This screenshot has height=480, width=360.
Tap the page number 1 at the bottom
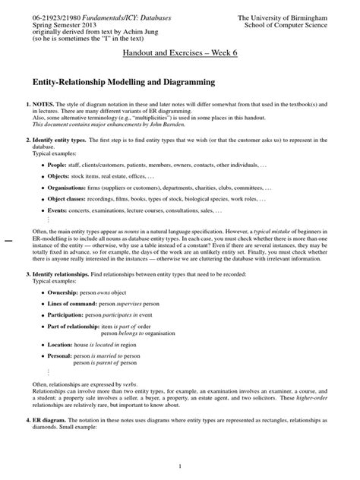click(x=180, y=465)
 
